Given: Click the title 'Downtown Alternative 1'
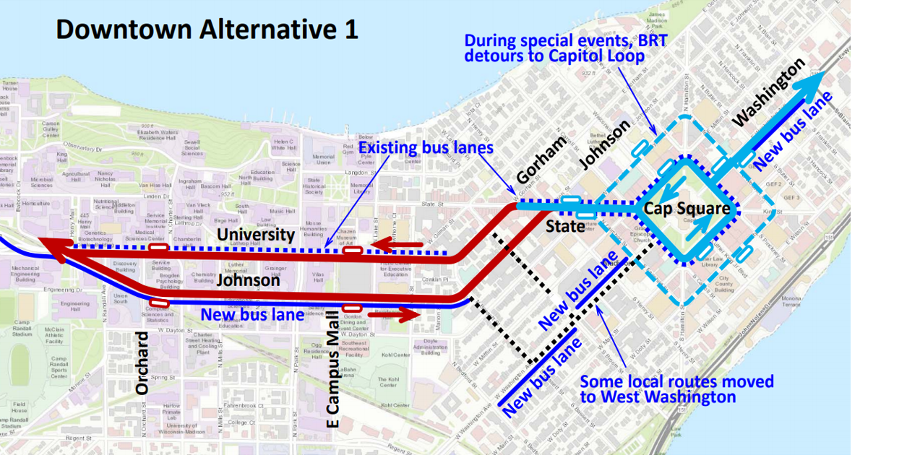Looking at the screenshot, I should click(207, 30).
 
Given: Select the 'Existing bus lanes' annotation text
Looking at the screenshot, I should click(426, 148).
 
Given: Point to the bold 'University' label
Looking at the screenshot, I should click(256, 234).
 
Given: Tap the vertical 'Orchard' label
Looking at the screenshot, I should click(142, 363).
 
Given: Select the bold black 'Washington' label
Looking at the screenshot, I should click(768, 93).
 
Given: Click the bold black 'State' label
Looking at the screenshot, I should click(565, 226).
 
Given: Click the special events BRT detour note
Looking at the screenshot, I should click(565, 48).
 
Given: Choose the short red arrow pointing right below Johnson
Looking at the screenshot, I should click(393, 315).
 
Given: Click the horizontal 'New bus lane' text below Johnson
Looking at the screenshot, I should click(252, 314).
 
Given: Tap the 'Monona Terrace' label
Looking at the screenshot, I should click(791, 300).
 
